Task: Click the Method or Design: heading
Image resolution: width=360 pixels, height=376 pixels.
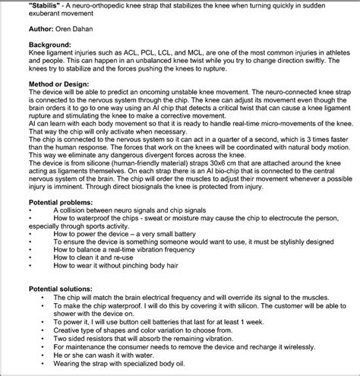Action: tap(40, 103)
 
